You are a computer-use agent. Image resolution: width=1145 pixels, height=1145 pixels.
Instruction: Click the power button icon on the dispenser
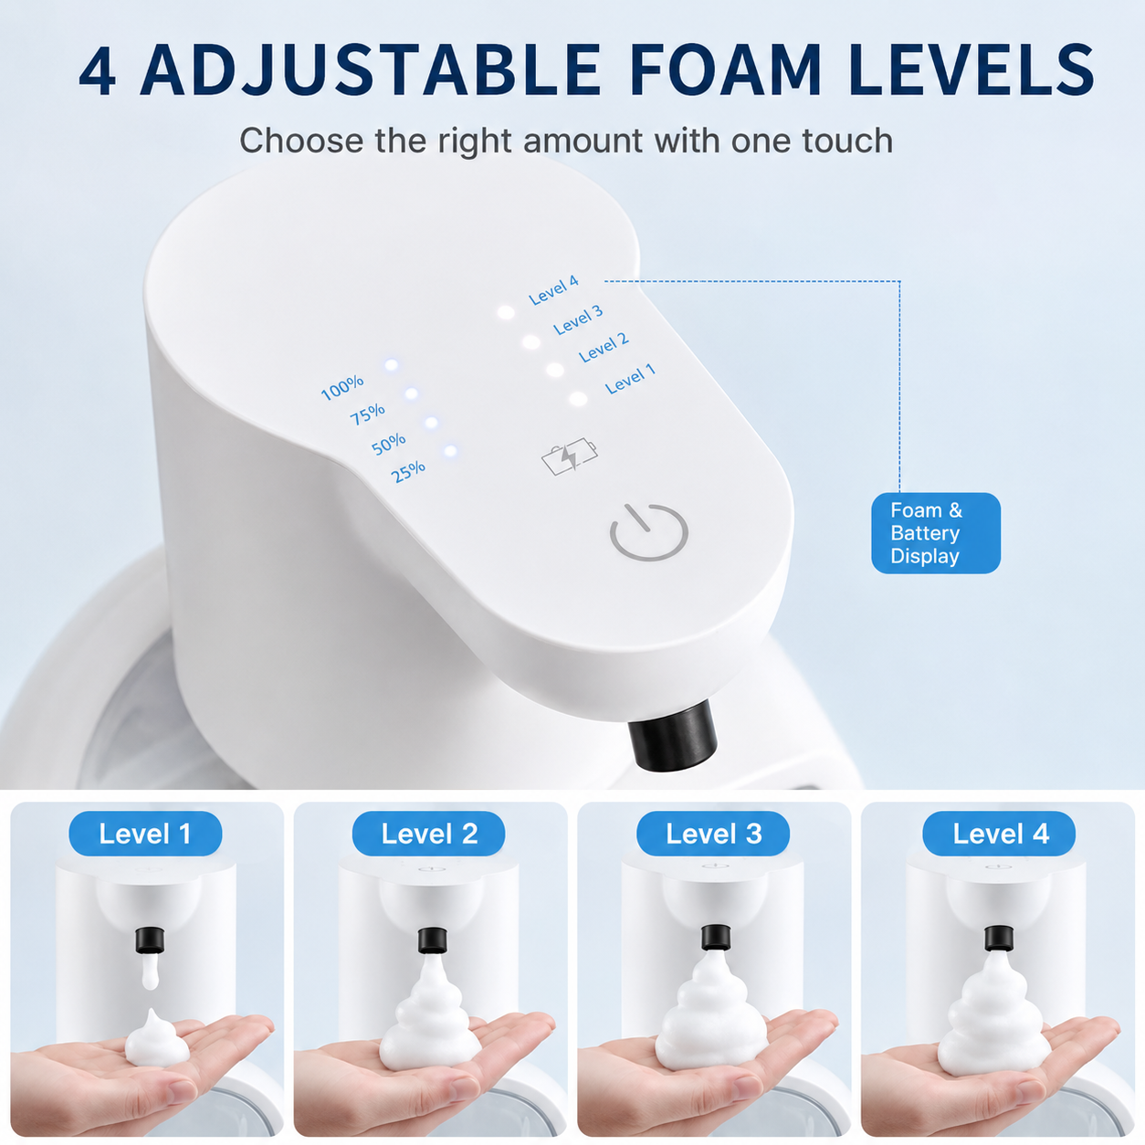(x=648, y=531)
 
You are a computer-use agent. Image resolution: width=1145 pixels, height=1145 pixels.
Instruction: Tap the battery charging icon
(x=569, y=457)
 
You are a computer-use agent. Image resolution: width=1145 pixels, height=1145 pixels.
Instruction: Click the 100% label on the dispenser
(x=342, y=387)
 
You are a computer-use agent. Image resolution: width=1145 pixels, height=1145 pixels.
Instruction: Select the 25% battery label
(x=408, y=471)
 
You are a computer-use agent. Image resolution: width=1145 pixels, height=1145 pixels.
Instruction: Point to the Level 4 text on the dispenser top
(x=553, y=290)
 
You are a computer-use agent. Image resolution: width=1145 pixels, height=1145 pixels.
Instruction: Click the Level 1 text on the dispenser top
(x=630, y=379)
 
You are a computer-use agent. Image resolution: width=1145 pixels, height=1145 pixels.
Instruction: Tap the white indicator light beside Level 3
(x=530, y=341)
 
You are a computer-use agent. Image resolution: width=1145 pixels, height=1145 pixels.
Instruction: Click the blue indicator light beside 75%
(x=411, y=394)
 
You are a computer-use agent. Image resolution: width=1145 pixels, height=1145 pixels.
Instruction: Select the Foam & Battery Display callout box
(x=936, y=533)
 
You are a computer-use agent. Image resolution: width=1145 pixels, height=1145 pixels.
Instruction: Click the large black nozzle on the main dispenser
(x=673, y=735)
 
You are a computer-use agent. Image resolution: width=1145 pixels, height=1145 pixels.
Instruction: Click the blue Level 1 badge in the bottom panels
(x=145, y=834)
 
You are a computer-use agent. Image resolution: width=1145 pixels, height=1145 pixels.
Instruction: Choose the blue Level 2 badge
(x=429, y=834)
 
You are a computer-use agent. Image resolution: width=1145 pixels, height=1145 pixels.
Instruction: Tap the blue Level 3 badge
(x=713, y=834)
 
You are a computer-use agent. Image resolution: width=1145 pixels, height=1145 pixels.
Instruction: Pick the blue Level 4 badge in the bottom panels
(x=999, y=834)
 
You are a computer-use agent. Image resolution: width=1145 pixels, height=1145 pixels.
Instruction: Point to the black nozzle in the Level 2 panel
(x=432, y=940)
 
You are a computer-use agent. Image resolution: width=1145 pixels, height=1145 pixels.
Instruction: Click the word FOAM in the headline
(x=726, y=70)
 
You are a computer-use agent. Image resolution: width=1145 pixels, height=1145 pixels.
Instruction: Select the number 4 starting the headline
(x=97, y=70)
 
